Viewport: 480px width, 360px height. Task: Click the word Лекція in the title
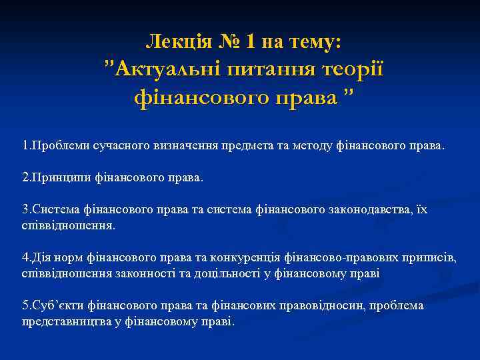pos(177,43)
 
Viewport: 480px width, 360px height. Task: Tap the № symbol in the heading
pos(229,43)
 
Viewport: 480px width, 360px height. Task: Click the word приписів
pos(429,257)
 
